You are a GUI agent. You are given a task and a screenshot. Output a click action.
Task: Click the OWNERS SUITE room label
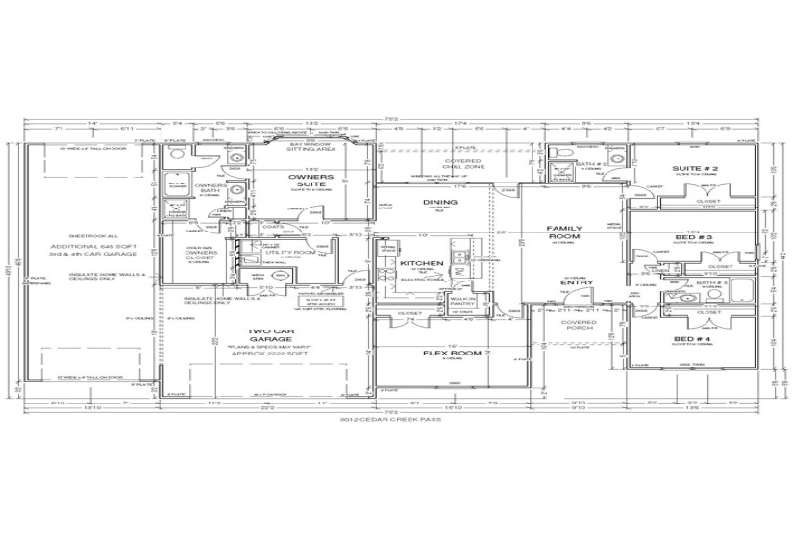[x=311, y=183]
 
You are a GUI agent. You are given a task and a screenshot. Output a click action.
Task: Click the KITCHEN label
[x=420, y=263]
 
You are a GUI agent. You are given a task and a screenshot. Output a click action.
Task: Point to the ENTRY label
[x=575, y=282]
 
